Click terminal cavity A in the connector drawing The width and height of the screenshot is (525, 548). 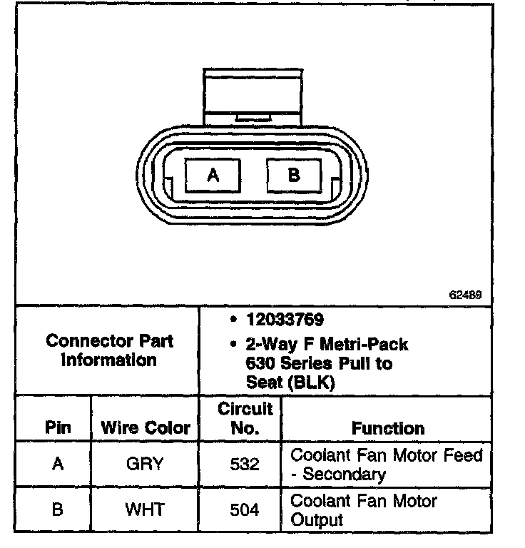click(x=213, y=175)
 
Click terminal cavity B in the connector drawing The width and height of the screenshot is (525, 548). click(x=294, y=175)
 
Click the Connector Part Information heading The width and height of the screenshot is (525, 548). click(x=109, y=350)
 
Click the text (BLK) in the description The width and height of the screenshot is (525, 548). click(x=312, y=382)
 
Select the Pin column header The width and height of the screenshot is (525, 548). click(x=58, y=428)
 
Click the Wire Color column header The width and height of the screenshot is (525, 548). click(x=146, y=428)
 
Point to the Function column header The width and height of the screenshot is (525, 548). click(x=388, y=428)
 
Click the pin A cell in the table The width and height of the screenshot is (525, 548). click(x=58, y=464)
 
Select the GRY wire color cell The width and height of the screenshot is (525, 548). click(x=145, y=464)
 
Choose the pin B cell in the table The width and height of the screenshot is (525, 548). click(x=58, y=509)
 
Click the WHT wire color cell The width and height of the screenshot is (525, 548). click(x=145, y=509)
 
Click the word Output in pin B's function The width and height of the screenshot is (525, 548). click(x=317, y=519)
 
